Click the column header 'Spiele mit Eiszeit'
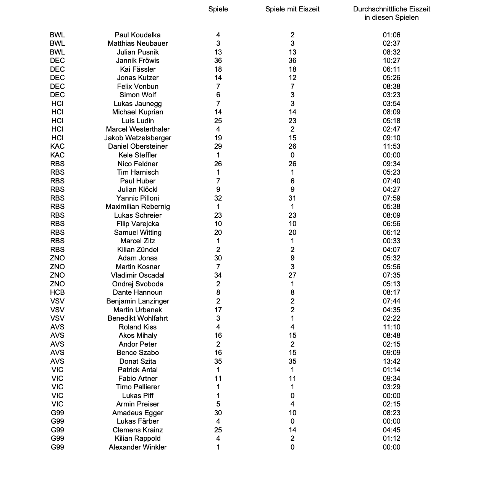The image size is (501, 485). pos(292,9)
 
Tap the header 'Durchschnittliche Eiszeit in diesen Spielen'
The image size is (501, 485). pos(391,13)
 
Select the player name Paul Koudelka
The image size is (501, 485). pos(137,35)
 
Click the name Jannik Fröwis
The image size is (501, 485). pos(137,61)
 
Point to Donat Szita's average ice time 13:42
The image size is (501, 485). pos(391,361)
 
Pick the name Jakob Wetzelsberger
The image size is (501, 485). pos(137,138)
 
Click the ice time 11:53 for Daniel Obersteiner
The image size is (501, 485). pos(391,146)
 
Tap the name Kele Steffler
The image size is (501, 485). pos(137,155)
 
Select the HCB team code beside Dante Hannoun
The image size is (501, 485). pos(57,292)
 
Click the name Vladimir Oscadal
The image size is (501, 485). pos(137,275)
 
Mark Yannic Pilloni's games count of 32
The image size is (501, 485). pos(218,198)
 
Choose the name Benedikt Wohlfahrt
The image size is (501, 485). pos(137,318)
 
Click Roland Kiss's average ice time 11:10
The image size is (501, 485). pos(391,327)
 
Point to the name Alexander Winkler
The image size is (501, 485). pos(137,447)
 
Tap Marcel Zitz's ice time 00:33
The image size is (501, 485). pos(391,241)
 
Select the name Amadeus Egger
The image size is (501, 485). pos(137,413)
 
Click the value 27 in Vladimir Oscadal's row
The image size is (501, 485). pos(292,275)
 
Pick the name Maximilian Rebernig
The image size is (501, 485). pos(137,207)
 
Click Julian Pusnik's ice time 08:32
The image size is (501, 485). pos(391,52)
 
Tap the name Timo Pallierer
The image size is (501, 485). pos(137,387)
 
